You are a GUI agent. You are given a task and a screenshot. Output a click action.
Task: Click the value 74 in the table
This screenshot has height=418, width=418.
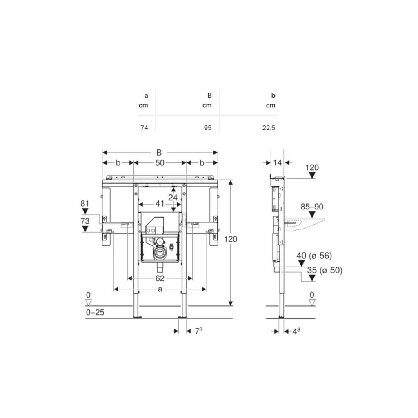[144, 128]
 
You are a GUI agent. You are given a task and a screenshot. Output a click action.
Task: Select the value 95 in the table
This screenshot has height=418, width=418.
[208, 128]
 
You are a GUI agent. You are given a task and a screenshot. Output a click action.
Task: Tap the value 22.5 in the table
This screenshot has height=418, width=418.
[269, 128]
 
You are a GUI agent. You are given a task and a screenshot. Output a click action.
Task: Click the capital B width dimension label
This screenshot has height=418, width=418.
[159, 153]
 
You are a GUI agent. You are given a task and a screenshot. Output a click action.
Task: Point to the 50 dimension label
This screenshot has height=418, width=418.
[160, 162]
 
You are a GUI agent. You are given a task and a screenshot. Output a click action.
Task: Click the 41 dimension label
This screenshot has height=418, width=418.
[160, 204]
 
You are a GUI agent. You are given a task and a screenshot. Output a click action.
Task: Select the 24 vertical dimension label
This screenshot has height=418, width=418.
[173, 198]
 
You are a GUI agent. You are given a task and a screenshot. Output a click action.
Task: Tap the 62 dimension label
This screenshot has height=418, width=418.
[160, 278]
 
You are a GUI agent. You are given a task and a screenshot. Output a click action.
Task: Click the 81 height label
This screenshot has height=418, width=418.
[85, 204]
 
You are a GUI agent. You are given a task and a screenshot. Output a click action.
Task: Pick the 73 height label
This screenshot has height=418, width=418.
[85, 221]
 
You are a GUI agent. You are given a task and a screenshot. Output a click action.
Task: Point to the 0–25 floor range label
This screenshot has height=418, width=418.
[95, 312]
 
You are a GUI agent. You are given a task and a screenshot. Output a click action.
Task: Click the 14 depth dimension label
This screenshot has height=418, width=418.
[278, 162]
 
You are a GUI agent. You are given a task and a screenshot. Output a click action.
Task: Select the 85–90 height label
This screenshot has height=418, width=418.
[312, 207]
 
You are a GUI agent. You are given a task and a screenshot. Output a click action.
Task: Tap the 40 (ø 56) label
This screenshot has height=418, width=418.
[314, 256]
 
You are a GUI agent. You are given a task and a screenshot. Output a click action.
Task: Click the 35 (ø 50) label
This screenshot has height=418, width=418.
[325, 270]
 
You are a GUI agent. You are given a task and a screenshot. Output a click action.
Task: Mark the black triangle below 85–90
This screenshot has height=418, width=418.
[312, 214]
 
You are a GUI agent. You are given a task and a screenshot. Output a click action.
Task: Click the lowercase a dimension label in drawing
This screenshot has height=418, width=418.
[160, 289]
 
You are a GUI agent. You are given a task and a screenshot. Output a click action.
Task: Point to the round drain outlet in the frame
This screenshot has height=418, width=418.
[160, 252]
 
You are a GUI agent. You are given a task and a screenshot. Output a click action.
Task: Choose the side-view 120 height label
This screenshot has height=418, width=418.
[312, 167]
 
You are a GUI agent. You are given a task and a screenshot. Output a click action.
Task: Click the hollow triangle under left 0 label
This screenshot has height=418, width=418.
[88, 302]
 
